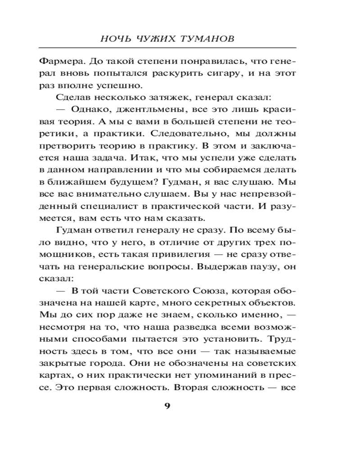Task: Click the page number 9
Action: (x=167, y=406)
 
